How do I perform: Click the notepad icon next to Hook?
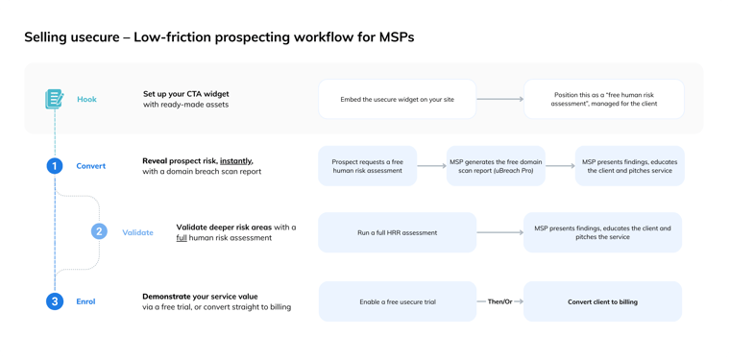(x=54, y=99)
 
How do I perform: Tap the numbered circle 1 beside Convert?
(x=55, y=166)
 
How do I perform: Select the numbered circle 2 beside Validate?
(x=99, y=231)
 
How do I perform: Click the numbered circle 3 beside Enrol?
(x=55, y=301)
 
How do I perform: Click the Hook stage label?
(x=86, y=99)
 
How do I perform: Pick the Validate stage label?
(x=137, y=232)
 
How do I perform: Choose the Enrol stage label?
(x=85, y=301)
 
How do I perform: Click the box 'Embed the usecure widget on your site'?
(x=397, y=99)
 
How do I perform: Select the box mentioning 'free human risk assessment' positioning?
(x=603, y=99)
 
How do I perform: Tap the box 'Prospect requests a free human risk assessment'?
(x=367, y=166)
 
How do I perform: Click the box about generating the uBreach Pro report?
(x=496, y=166)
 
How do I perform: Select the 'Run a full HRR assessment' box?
(x=397, y=232)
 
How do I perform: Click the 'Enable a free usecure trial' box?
(x=397, y=301)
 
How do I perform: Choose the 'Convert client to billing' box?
(x=602, y=301)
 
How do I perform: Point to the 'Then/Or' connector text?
(x=499, y=301)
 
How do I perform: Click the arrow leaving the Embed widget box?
(x=499, y=99)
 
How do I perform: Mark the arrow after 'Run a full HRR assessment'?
(x=499, y=232)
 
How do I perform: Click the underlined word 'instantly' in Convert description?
(x=236, y=161)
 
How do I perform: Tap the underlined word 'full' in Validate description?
(x=182, y=238)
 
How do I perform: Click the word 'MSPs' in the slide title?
(x=395, y=37)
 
